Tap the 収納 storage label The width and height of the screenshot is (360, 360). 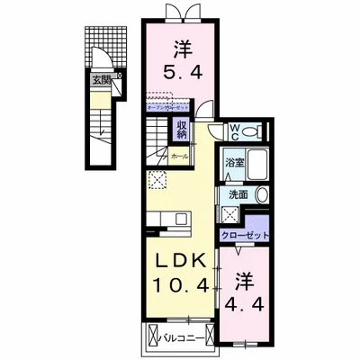tap(181, 129)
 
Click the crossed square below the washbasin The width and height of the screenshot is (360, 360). tap(230, 215)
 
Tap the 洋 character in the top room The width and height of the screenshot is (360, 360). tap(180, 45)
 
